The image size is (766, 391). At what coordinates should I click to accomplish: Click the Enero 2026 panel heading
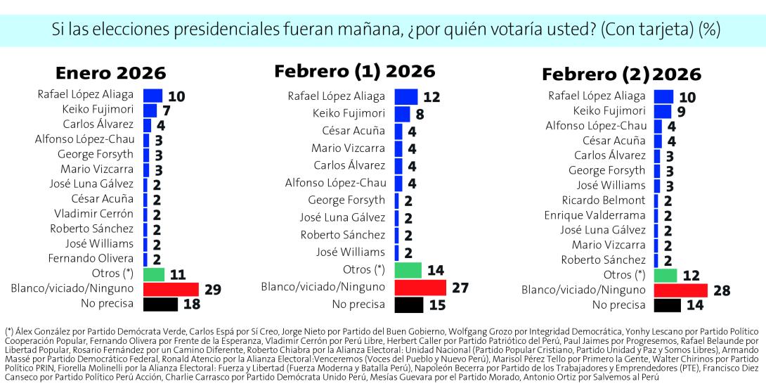click(x=111, y=73)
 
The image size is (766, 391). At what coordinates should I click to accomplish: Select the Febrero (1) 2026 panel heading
click(x=354, y=71)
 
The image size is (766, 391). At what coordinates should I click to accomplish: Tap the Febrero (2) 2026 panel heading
click(x=621, y=75)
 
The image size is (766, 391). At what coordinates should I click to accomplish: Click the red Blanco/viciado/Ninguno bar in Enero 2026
click(x=171, y=289)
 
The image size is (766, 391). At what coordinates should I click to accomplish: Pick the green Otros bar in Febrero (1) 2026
click(x=408, y=270)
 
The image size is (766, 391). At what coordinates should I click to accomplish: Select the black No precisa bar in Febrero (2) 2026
click(x=667, y=305)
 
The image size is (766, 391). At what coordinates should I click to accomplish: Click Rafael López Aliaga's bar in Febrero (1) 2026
click(x=405, y=96)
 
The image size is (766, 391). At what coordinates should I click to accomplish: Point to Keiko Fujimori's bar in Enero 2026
click(x=150, y=110)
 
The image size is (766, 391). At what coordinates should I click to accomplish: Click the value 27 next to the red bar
click(x=460, y=287)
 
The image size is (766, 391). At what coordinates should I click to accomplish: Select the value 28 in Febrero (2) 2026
click(x=721, y=290)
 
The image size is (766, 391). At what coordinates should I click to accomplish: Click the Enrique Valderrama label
click(x=595, y=214)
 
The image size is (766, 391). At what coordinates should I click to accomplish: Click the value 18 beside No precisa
click(x=191, y=305)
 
